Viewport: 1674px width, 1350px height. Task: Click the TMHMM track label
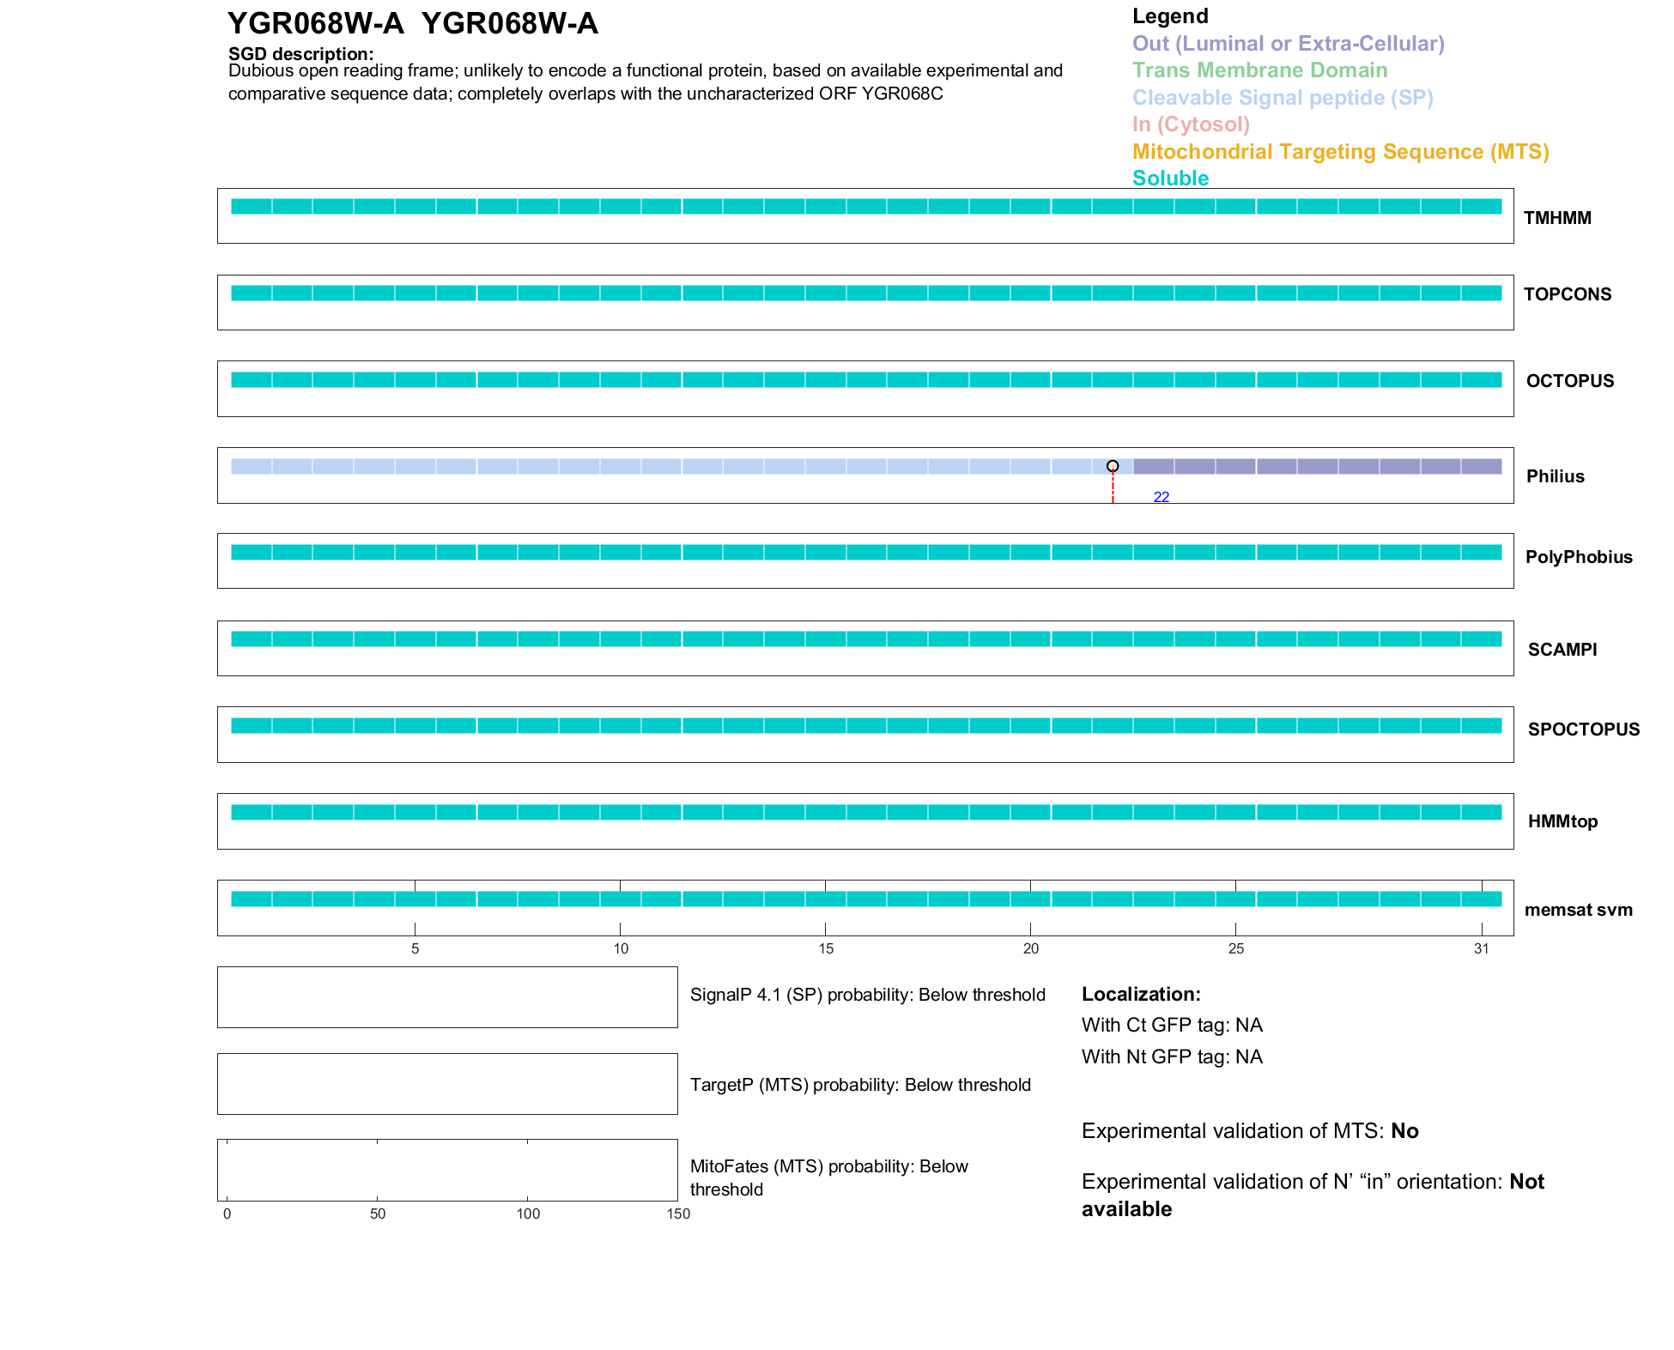1556,218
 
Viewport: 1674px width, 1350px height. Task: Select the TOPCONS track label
1567,294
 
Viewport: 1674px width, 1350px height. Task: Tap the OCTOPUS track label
1569,381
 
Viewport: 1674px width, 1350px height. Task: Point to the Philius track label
1555,476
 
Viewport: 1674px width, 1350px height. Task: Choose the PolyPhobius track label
1578,557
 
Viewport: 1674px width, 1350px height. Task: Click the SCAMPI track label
1562,650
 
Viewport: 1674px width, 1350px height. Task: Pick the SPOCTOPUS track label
1583,729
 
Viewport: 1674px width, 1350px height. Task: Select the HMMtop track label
1562,821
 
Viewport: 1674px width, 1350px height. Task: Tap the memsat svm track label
1578,910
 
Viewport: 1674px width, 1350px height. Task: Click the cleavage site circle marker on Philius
1113,466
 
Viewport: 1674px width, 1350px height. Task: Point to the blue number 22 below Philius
1161,497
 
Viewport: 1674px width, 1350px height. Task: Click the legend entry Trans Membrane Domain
1259,70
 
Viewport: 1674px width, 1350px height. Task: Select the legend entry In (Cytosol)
1191,124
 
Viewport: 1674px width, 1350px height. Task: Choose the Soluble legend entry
1170,179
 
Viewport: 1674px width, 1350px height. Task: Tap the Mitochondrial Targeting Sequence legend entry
1340,152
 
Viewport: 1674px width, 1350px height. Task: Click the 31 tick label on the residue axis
1481,948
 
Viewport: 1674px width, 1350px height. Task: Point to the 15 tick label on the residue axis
825,948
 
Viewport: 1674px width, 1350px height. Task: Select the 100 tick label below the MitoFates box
528,1214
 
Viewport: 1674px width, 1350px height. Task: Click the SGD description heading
300,54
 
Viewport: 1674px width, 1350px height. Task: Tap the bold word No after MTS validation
1404,1131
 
